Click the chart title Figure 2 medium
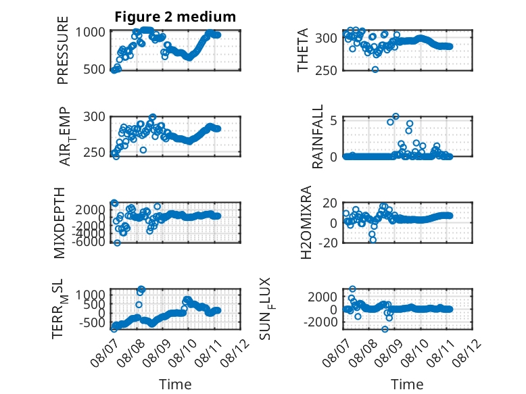tap(175, 17)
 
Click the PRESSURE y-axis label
tap(63, 50)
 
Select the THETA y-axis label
tap(303, 50)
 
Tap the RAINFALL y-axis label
tap(317, 136)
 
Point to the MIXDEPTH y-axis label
tap(59, 222)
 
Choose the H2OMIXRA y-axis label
tap(306, 222)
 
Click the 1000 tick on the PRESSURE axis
tap(90, 32)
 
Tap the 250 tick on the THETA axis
tap(326, 70)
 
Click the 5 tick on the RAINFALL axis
tap(333, 120)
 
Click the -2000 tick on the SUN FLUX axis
tap(320, 322)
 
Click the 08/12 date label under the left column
tap(235, 353)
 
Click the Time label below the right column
tap(407, 385)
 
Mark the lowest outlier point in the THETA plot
tap(375, 70)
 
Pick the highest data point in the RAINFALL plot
tap(396, 116)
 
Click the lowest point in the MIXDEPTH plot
tap(117, 243)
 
